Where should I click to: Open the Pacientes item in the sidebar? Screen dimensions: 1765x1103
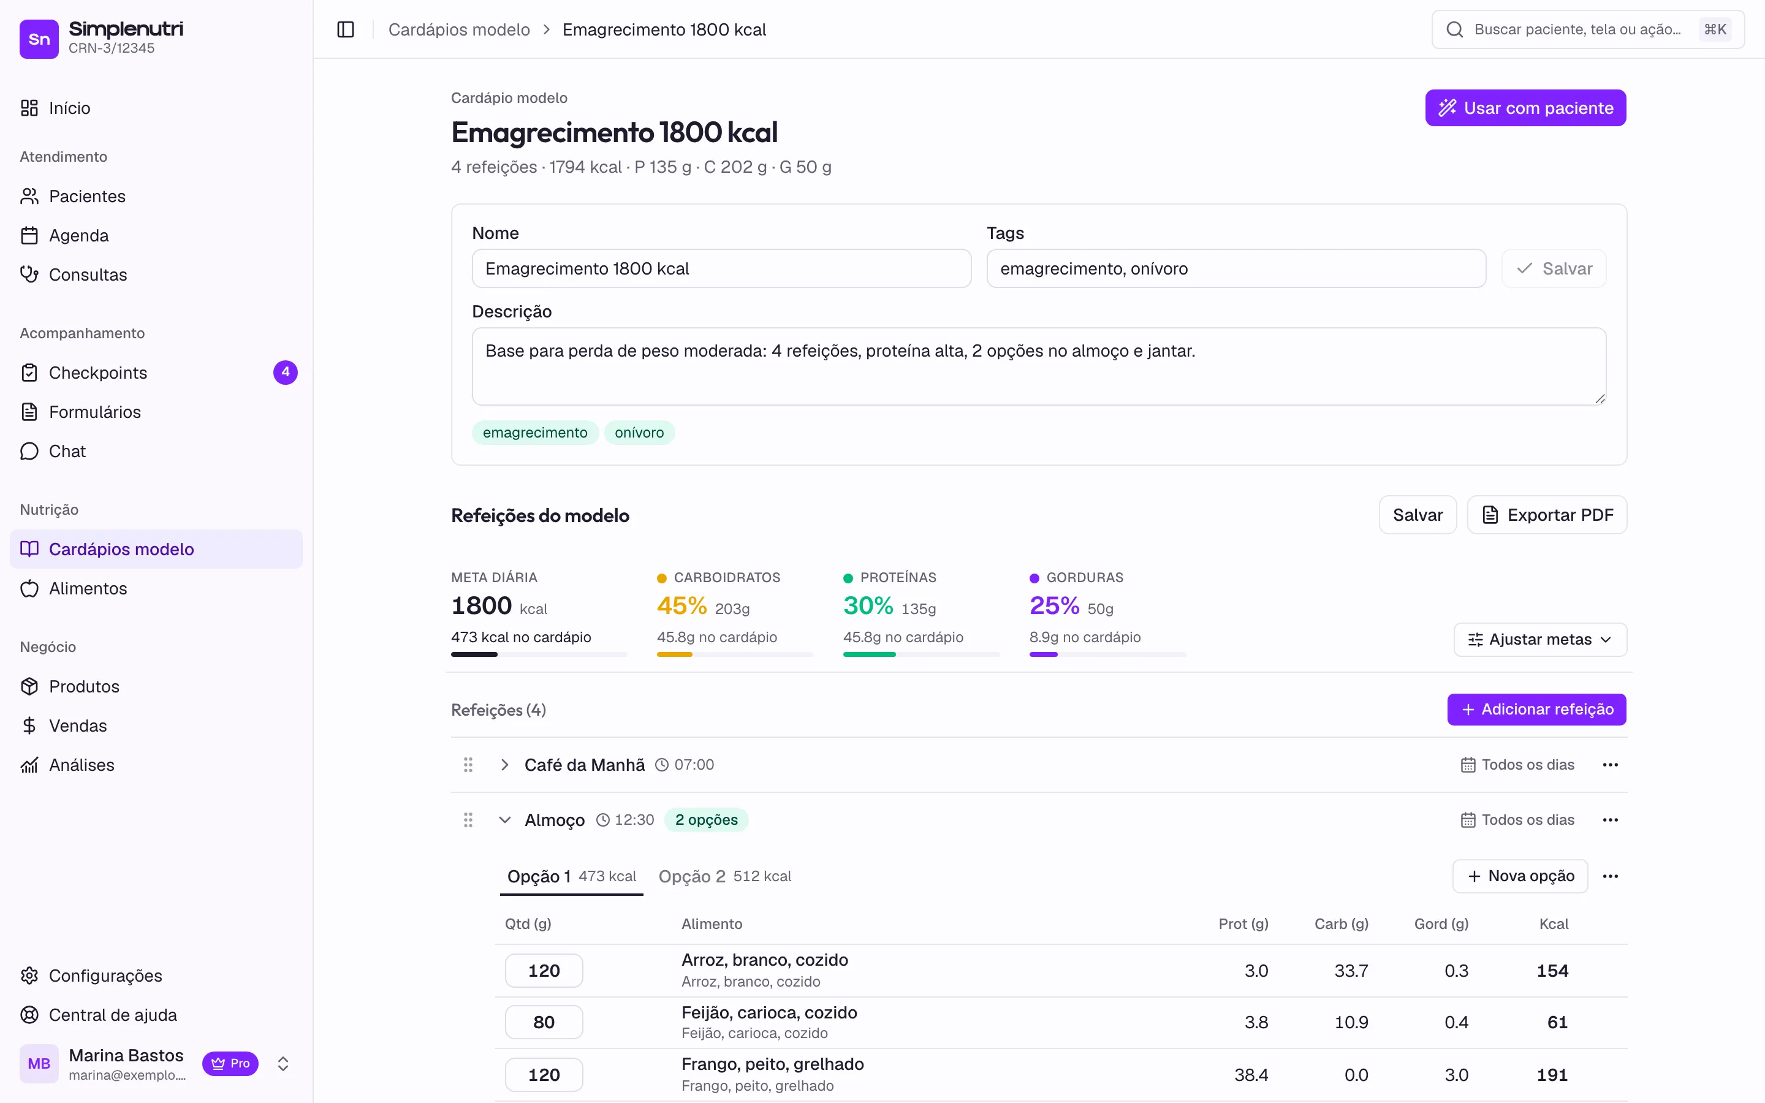[87, 196]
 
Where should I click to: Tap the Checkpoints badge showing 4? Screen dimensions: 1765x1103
[285, 372]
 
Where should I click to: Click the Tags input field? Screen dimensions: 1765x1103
[1235, 268]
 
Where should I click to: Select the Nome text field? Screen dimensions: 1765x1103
[721, 268]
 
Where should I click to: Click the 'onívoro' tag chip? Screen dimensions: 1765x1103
[639, 433]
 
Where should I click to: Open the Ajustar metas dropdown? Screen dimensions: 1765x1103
[1539, 639]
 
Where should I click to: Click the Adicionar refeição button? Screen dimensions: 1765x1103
[1537, 709]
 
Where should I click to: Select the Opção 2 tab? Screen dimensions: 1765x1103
[724, 876]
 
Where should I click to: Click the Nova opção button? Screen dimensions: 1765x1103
[1520, 876]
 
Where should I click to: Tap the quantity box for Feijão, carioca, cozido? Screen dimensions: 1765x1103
[544, 1022]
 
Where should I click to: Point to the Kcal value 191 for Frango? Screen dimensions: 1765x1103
[1552, 1075]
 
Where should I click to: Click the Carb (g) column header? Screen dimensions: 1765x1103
[1342, 923]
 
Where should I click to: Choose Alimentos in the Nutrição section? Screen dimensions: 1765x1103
[88, 589]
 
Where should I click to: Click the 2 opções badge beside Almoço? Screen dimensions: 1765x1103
[706, 820]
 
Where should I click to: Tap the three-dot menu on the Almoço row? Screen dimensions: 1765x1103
[1611, 820]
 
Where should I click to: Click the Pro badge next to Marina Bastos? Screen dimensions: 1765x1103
[230, 1064]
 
